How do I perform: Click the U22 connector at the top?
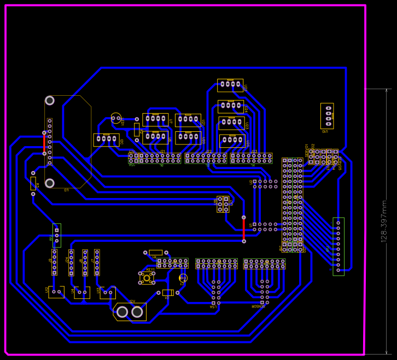(x=230, y=85)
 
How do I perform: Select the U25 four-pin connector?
(x=232, y=141)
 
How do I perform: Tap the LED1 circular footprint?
(x=116, y=118)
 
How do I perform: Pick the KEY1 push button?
(x=147, y=278)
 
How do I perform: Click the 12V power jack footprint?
(x=130, y=311)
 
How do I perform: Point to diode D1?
(x=168, y=293)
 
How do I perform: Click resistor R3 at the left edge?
(x=33, y=183)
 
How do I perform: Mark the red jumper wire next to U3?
(x=45, y=143)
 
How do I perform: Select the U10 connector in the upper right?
(x=328, y=115)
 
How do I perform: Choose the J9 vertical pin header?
(x=54, y=262)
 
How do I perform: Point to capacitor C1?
(x=183, y=278)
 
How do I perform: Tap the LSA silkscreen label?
(x=213, y=307)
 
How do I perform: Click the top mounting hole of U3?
(x=50, y=101)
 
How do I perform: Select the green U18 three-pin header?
(x=56, y=235)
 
